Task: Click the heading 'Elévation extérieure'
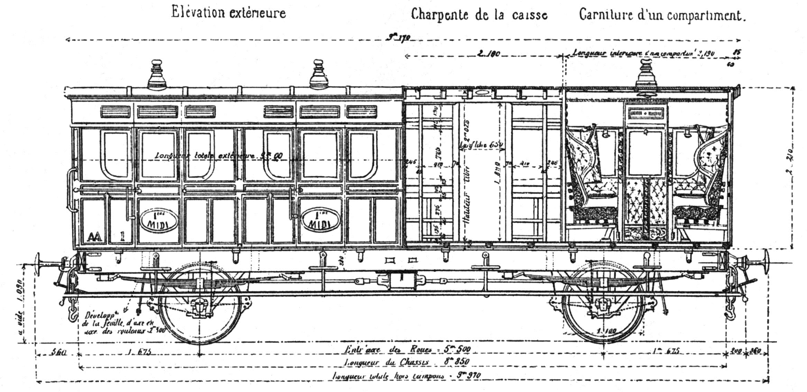click(x=229, y=13)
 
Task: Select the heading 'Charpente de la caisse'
click(x=479, y=15)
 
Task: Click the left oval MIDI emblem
click(x=159, y=220)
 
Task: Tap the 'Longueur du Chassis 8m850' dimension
click(x=407, y=362)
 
